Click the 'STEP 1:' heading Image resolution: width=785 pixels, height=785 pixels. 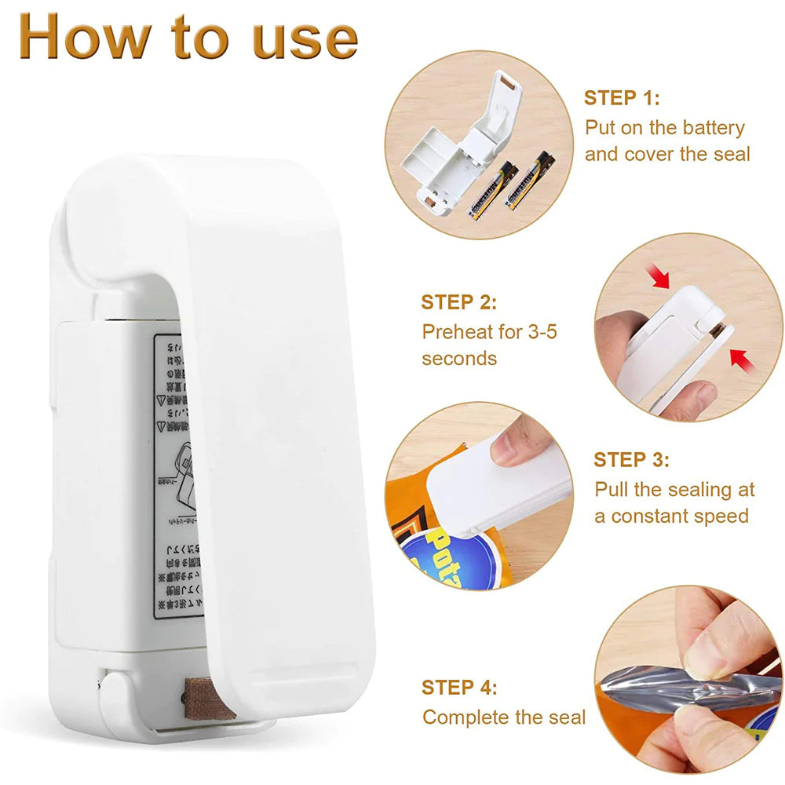(622, 98)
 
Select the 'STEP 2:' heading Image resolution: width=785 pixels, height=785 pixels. (458, 302)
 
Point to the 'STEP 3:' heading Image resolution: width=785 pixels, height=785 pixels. (631, 460)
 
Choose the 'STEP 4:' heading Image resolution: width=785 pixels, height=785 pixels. (459, 688)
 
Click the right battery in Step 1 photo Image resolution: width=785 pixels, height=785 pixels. (530, 181)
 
